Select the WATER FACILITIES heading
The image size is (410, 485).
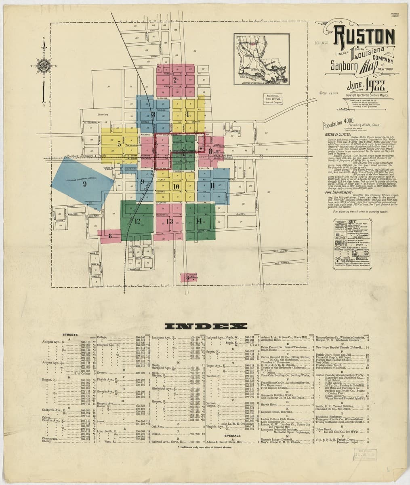coord(337,135)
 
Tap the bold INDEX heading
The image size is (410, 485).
coord(204,326)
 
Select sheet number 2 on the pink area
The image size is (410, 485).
coord(175,79)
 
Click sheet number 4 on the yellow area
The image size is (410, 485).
coord(187,114)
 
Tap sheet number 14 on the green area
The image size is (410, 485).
coord(198,221)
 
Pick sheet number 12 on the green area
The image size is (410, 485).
coord(137,221)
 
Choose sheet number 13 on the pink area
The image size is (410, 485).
coord(169,221)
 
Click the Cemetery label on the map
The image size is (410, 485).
coord(103,114)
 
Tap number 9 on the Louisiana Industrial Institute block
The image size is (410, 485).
coord(84,183)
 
